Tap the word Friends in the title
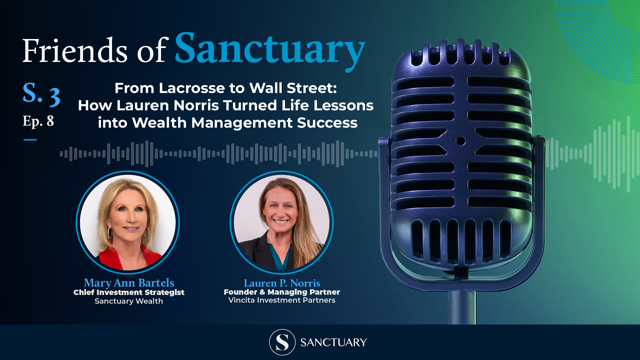[x=75, y=51]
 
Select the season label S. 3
[x=41, y=95]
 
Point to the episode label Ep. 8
[x=38, y=122]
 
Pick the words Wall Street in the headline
[x=293, y=88]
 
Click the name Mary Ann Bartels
[x=129, y=283]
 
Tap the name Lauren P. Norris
[x=282, y=283]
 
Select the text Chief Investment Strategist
[x=129, y=292]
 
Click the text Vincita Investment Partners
[x=282, y=300]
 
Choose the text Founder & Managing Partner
[x=282, y=292]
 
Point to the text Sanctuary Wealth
[x=129, y=301]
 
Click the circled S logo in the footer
[x=282, y=342]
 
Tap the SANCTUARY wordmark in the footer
[x=333, y=342]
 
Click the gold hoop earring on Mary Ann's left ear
[x=146, y=232]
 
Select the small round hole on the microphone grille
[x=461, y=141]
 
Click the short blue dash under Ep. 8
[x=30, y=140]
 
